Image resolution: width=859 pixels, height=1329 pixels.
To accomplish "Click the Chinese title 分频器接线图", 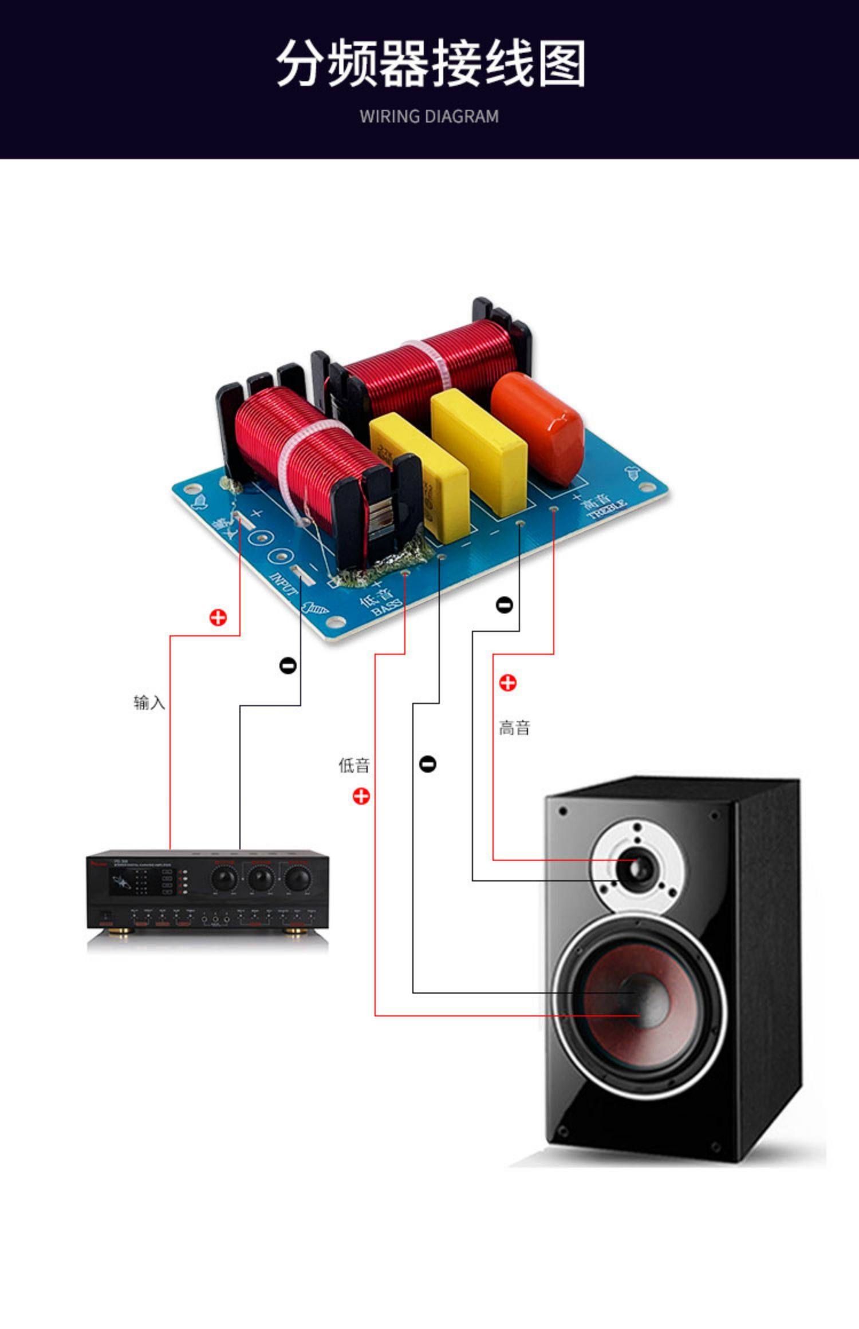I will (x=431, y=64).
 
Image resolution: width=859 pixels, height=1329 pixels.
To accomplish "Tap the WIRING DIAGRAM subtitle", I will (x=429, y=117).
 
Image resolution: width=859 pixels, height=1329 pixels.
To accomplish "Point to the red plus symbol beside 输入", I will (x=218, y=618).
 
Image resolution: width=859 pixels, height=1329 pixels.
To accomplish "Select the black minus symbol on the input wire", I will (x=287, y=666).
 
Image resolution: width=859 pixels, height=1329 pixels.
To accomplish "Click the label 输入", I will (x=149, y=702).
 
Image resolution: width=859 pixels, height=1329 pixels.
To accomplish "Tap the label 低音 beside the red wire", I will (x=354, y=765).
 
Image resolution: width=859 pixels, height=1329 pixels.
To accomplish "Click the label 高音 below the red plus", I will (x=514, y=728).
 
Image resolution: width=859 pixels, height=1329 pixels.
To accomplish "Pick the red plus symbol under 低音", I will (x=361, y=796).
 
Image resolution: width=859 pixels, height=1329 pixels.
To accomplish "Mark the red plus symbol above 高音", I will (x=507, y=683).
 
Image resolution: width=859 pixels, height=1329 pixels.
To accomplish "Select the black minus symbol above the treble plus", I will (x=504, y=604).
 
